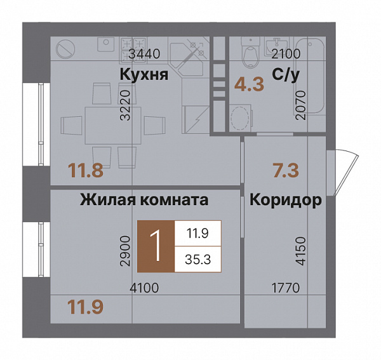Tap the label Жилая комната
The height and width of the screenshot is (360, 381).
click(x=144, y=201)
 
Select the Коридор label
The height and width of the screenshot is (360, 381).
click(x=286, y=201)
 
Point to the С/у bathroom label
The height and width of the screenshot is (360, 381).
click(x=285, y=76)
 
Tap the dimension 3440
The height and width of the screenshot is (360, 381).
click(x=145, y=54)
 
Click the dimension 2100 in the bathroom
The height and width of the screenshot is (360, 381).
click(x=286, y=54)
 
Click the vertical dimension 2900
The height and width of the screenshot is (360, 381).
click(x=125, y=251)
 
